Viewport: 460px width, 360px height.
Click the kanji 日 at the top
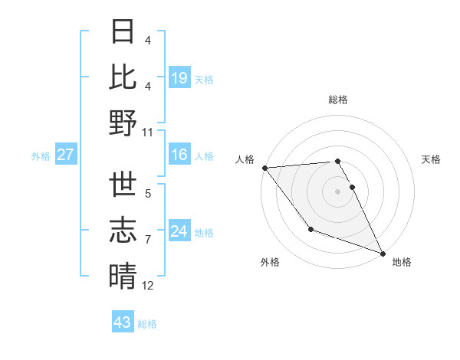click(123, 31)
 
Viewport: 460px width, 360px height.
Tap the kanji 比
click(123, 77)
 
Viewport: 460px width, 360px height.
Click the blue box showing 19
click(179, 77)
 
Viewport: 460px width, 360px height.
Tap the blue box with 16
click(179, 155)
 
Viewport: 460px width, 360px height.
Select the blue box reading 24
click(179, 231)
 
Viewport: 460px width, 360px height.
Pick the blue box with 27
click(65, 155)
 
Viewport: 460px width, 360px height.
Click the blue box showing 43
click(123, 322)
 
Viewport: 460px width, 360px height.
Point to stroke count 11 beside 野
click(148, 132)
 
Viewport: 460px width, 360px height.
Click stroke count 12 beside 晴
click(148, 286)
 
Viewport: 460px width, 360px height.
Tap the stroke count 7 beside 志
click(148, 240)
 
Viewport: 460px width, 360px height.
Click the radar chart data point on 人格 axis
click(264, 168)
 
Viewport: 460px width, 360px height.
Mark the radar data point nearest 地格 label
click(383, 254)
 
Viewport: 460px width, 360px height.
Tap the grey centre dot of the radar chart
click(337, 191)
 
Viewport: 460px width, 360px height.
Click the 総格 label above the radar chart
click(337, 100)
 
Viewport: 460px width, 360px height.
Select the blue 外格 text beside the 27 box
click(41, 155)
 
